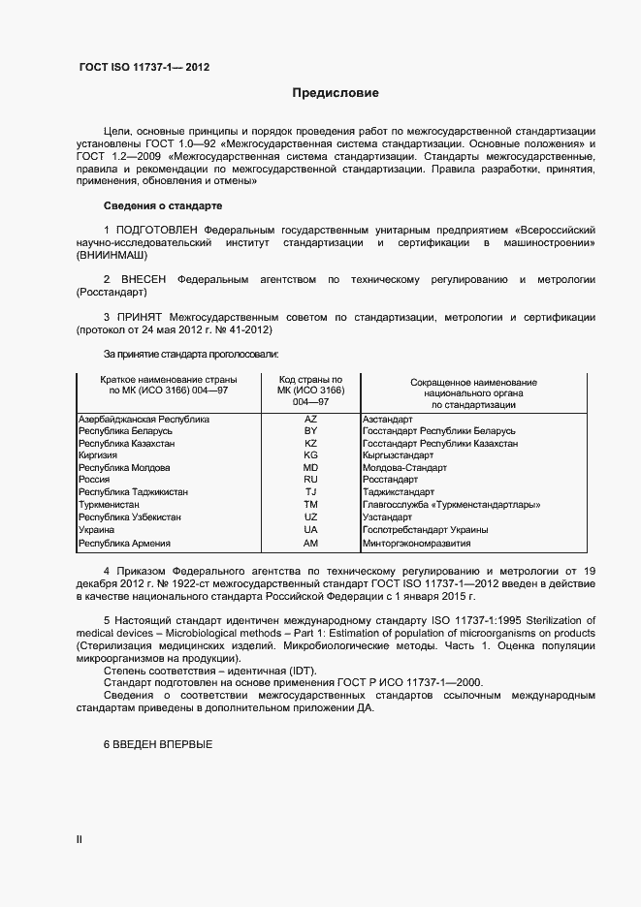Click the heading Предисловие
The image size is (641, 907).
[336, 94]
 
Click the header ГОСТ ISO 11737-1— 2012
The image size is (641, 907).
[143, 68]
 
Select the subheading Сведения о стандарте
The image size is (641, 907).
[162, 206]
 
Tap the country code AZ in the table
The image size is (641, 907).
[310, 419]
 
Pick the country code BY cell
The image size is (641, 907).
[310, 430]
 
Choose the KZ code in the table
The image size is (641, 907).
[310, 443]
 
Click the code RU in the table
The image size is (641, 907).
[310, 480]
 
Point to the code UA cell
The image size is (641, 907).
[310, 530]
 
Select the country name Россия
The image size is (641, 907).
[94, 480]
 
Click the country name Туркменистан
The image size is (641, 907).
[109, 505]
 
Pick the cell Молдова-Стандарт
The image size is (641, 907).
[404, 468]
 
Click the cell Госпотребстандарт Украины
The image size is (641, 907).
[425, 530]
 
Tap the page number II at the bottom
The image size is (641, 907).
[80, 839]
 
